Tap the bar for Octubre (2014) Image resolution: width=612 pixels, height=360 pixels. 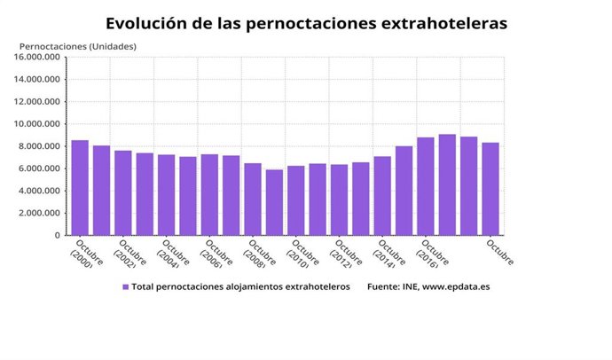coord(382,196)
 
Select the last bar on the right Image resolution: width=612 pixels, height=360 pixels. coord(490,189)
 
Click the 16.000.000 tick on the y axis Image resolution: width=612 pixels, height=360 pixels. coord(36,57)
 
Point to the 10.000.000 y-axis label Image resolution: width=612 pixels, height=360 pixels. coord(36,124)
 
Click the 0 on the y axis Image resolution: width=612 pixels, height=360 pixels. coord(57,236)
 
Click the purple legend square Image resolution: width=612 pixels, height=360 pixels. coord(126,287)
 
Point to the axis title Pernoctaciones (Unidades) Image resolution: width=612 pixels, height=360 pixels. coord(78,45)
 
